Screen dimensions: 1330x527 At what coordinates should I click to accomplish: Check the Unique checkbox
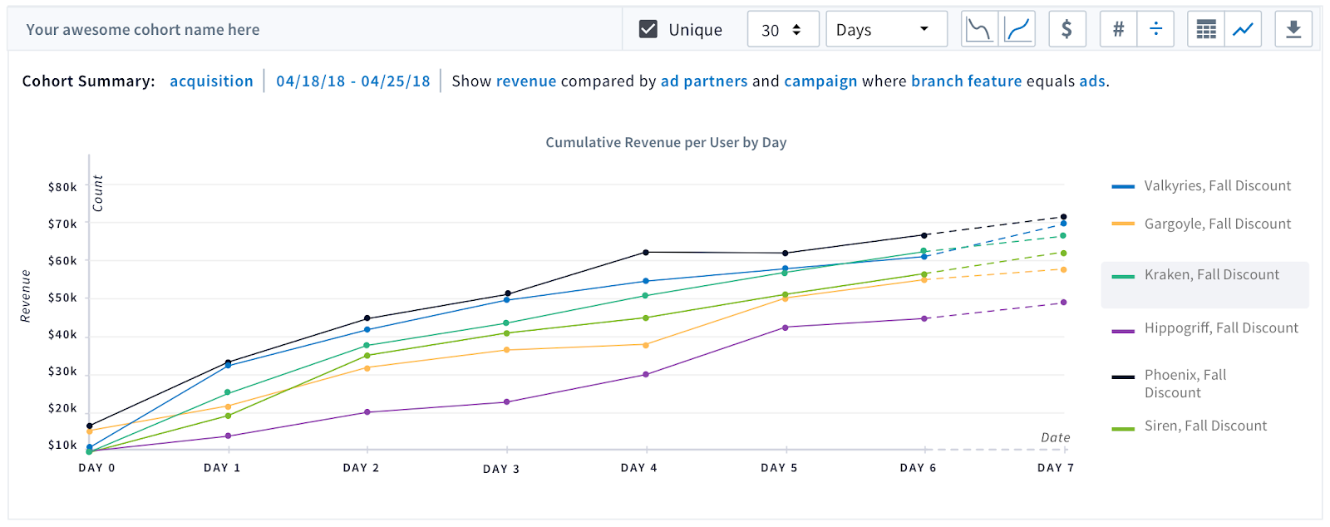(x=648, y=29)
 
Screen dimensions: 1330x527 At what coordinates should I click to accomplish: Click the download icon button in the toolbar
(x=1293, y=29)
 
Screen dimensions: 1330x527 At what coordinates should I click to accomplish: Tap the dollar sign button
(x=1067, y=29)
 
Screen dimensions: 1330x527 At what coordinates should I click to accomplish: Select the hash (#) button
(x=1119, y=29)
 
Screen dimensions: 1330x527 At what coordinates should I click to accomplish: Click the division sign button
(x=1155, y=29)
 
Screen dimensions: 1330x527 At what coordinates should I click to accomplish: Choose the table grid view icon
(x=1206, y=29)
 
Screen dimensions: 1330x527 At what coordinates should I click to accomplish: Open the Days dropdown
(x=886, y=29)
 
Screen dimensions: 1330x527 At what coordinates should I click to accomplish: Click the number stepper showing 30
(x=783, y=29)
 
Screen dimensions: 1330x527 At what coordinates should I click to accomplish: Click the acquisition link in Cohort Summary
(x=211, y=81)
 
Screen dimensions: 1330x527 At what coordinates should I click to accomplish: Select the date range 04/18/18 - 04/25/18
(x=353, y=81)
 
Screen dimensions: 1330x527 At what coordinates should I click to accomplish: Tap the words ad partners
(x=704, y=81)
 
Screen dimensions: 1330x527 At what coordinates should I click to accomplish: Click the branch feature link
(x=967, y=81)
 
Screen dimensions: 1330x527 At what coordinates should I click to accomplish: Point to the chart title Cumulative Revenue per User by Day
(x=666, y=142)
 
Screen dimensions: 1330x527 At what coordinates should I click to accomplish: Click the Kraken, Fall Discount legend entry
(x=1204, y=275)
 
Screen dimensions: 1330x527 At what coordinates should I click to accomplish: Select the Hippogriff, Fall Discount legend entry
(x=1204, y=328)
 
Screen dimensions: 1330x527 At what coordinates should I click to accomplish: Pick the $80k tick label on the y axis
(x=62, y=188)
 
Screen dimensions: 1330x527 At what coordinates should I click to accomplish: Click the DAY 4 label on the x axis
(x=639, y=468)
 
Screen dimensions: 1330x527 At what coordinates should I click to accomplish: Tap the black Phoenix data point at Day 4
(x=646, y=252)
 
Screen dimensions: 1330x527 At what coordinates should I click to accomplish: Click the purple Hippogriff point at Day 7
(x=1063, y=302)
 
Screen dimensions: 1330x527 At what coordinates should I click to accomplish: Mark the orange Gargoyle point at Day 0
(x=90, y=431)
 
